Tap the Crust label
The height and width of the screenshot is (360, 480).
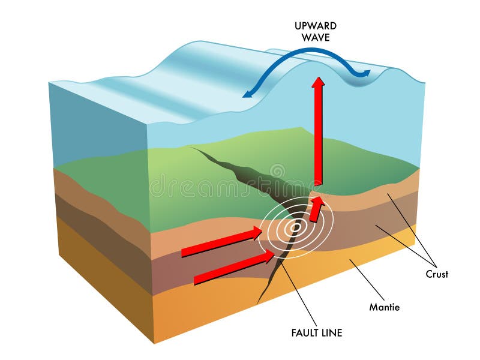point(437,274)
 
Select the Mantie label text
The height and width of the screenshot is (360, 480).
point(384,307)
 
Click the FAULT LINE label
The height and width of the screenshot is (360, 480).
point(316,332)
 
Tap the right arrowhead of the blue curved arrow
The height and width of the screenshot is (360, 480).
point(365,74)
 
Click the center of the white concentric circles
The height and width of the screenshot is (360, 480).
point(295,227)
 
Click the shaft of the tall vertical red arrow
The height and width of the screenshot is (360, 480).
point(318,138)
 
